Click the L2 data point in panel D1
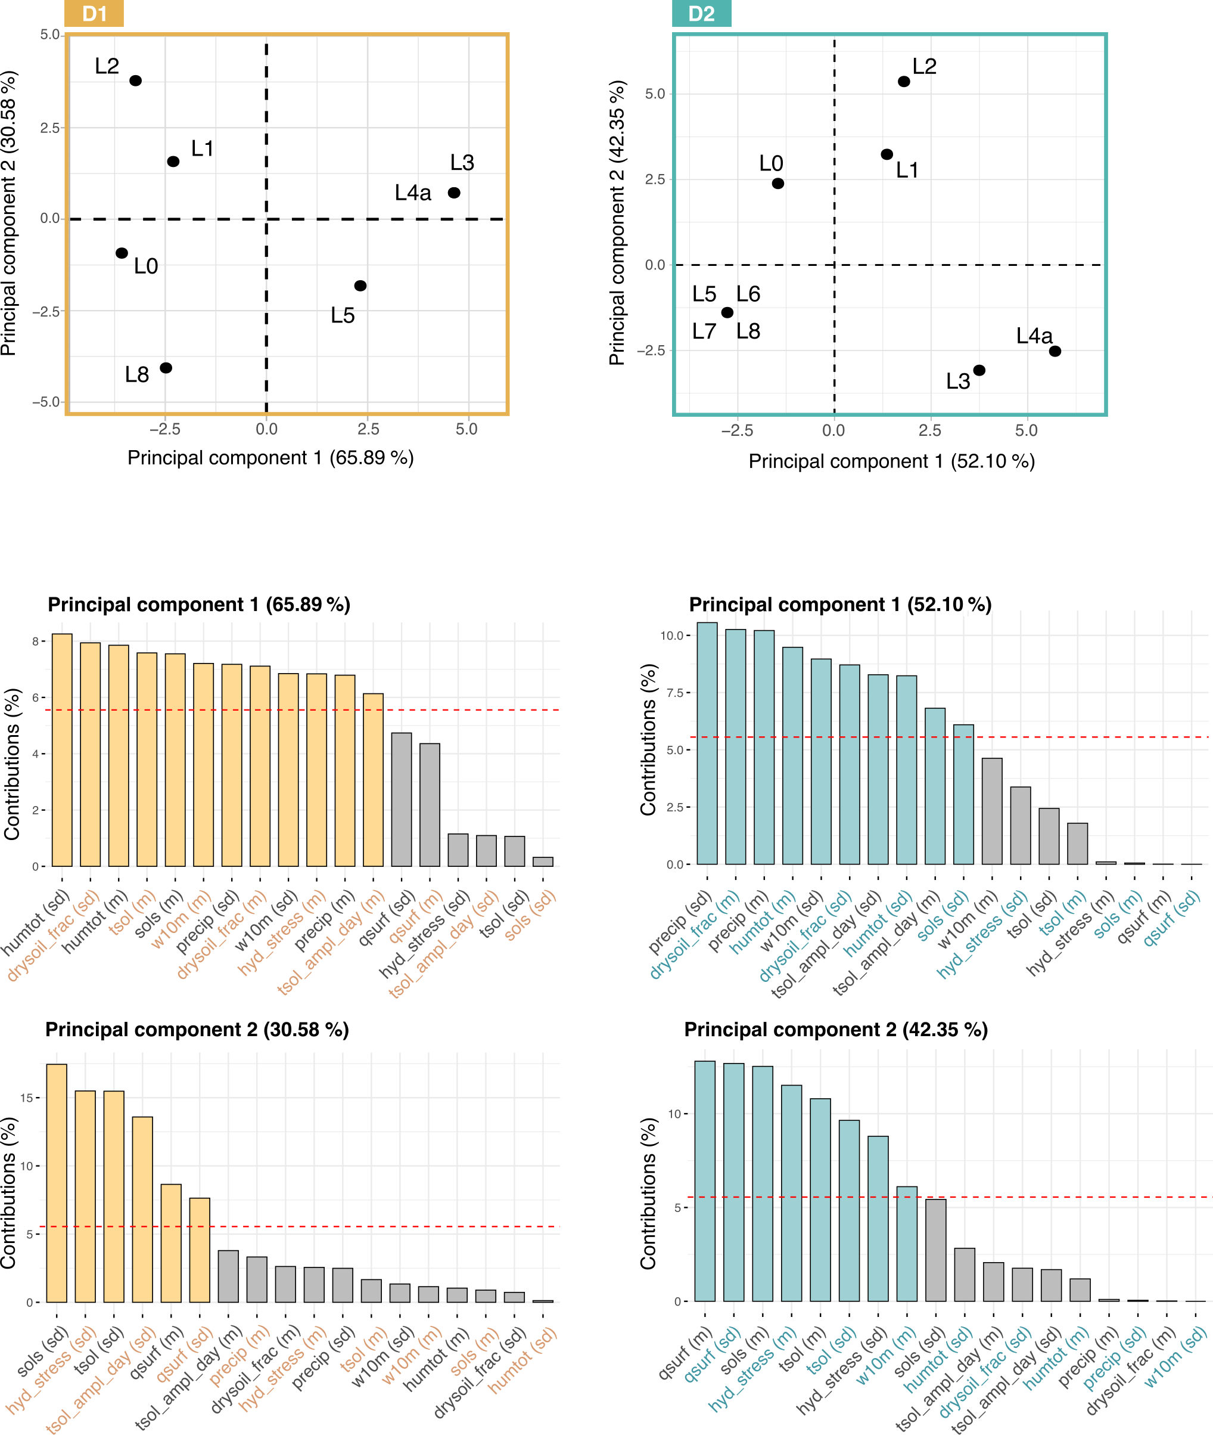tap(135, 80)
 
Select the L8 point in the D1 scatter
tap(166, 368)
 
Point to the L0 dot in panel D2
tap(777, 184)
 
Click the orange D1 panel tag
tap(94, 14)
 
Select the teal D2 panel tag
tap(701, 14)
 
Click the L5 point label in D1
tap(343, 316)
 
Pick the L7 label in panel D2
tap(704, 331)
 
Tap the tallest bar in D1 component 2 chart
tap(57, 1183)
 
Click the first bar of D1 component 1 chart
tap(62, 750)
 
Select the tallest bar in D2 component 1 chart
tap(707, 743)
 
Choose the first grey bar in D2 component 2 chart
tap(935, 1250)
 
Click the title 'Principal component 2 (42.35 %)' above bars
tap(835, 1030)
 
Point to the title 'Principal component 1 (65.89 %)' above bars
tap(199, 605)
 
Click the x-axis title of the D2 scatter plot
tap(891, 461)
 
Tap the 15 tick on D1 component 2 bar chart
tap(27, 1098)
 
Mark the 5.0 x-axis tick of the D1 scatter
tap(466, 429)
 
